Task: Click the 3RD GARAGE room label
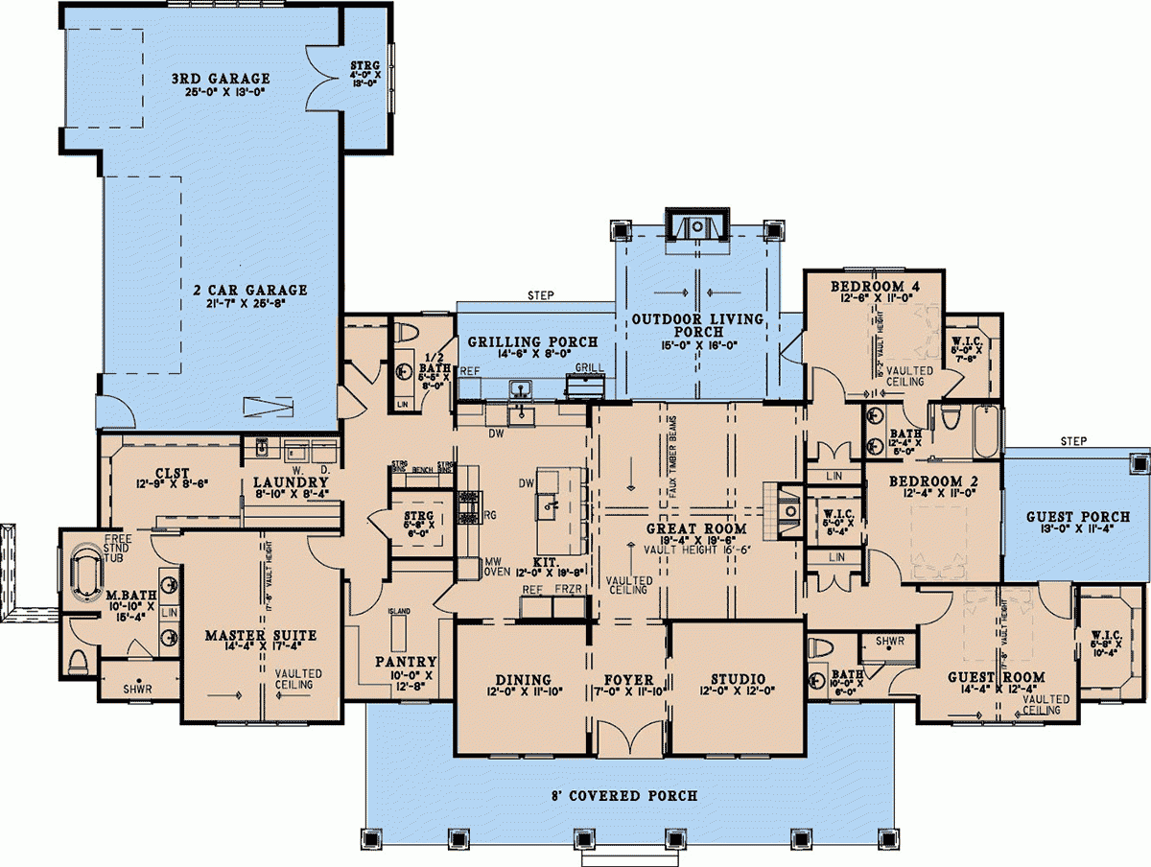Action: click(x=221, y=79)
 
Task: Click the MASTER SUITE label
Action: click(x=261, y=635)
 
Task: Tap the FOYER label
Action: click(x=628, y=679)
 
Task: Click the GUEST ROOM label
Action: click(x=988, y=676)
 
